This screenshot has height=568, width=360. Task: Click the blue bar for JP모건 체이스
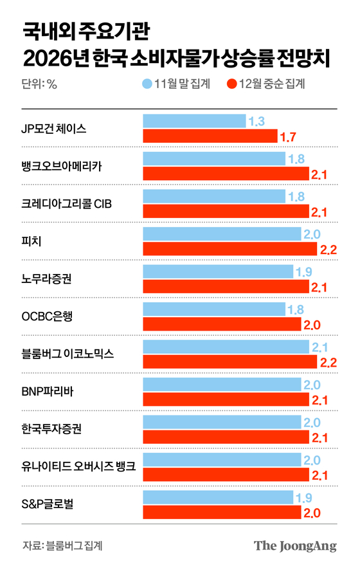point(194,121)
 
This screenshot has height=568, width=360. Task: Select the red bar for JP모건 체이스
point(210,136)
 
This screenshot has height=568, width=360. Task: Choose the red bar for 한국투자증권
point(221,437)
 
